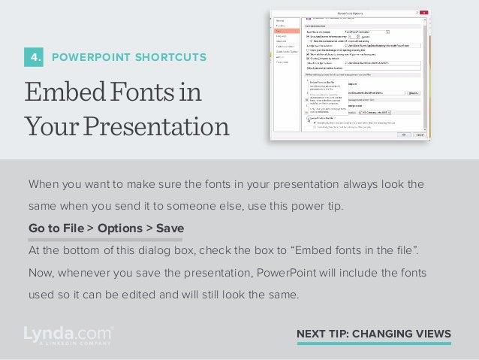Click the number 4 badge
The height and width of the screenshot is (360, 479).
point(35,56)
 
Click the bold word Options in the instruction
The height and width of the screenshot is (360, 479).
point(115,228)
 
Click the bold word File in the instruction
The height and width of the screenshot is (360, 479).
point(72,228)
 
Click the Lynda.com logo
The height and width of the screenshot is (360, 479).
point(68,331)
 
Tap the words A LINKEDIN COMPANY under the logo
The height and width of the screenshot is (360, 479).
point(68,343)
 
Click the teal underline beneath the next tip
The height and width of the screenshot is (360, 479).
point(374,343)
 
